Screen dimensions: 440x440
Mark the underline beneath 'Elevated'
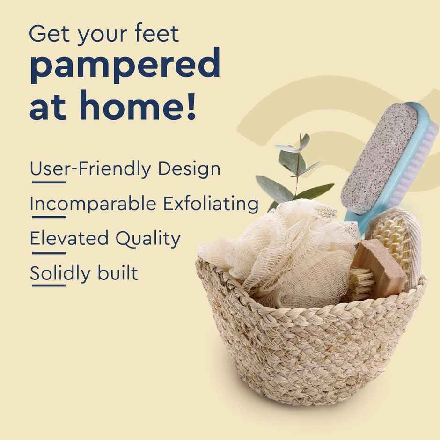[48, 253]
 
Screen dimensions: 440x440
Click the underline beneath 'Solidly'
[48, 286]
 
